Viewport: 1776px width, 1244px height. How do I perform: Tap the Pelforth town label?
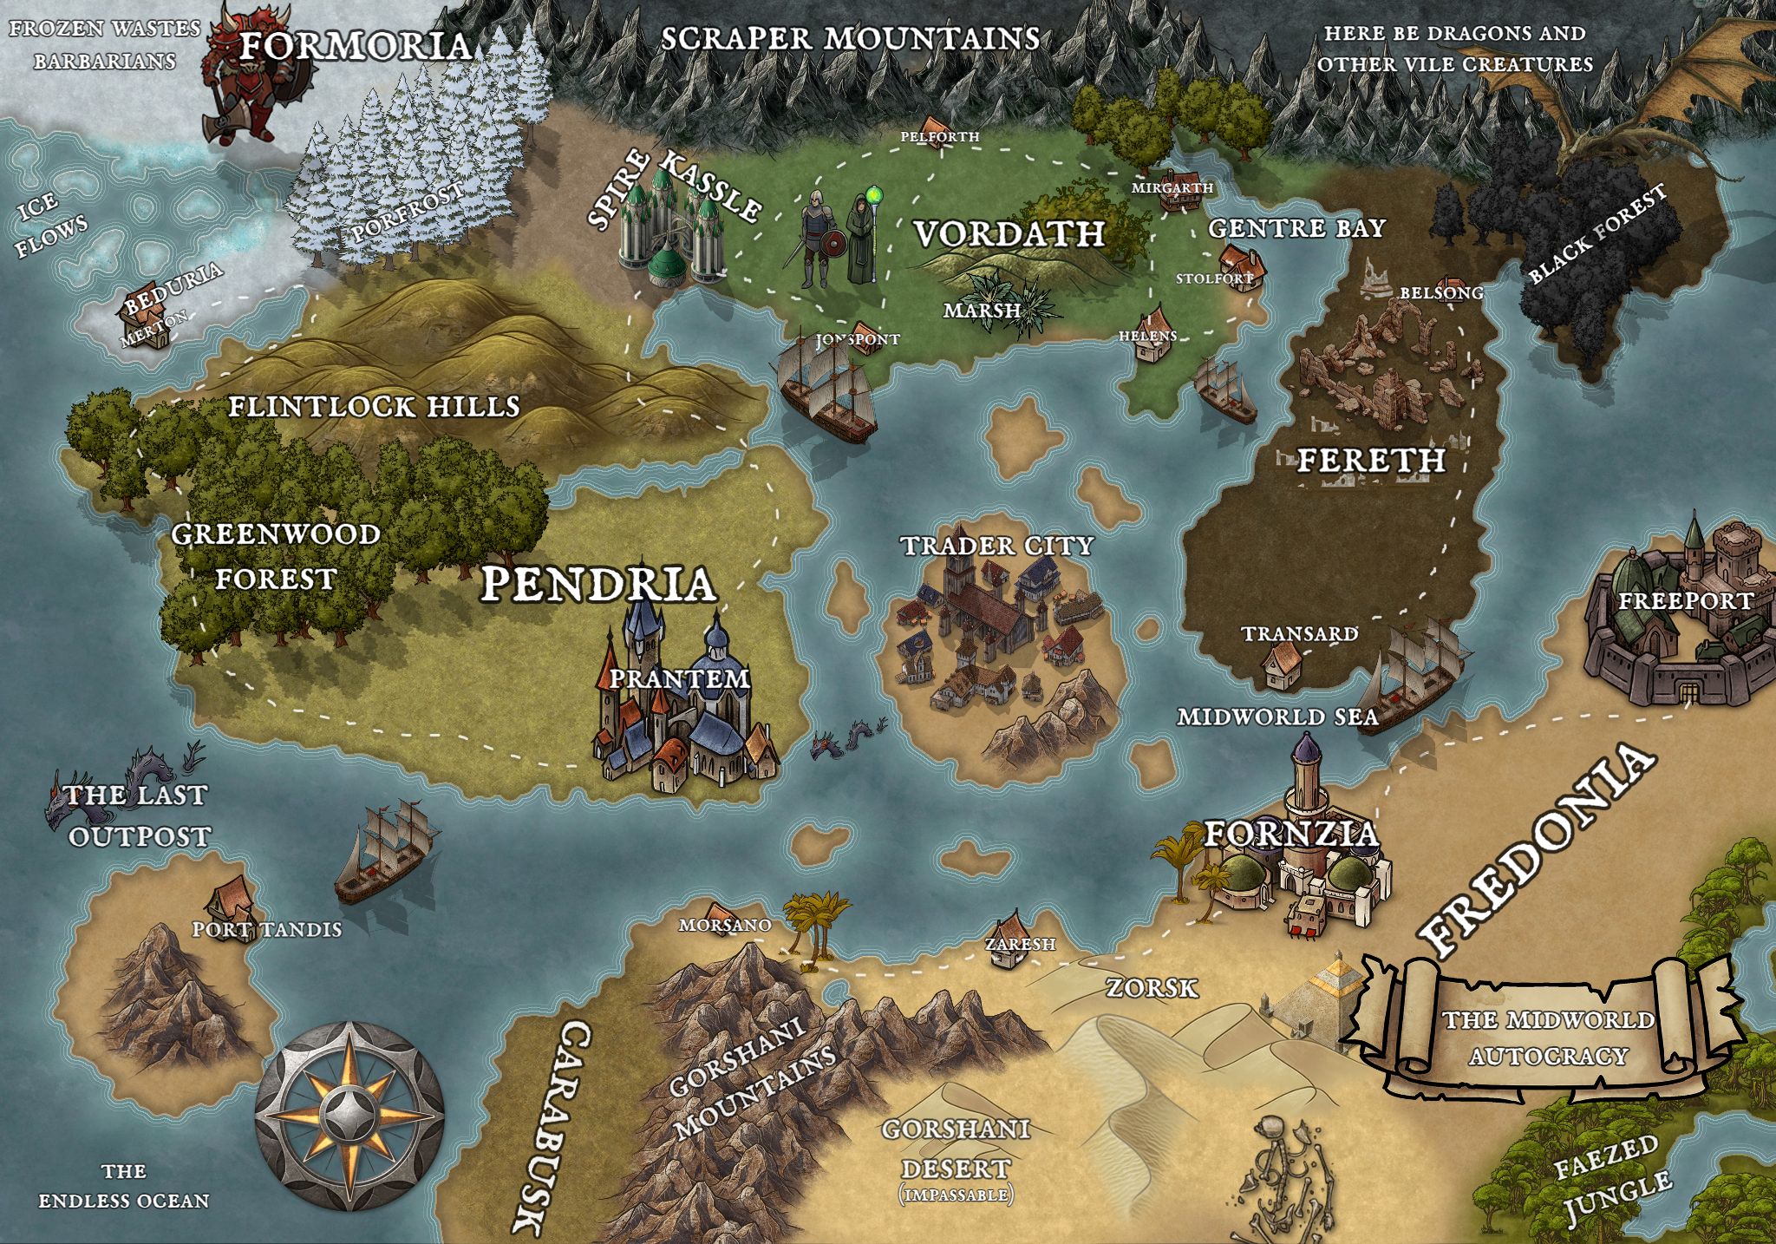[939, 137]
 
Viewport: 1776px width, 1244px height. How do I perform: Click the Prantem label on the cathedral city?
[678, 678]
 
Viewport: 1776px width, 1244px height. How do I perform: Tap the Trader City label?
[996, 546]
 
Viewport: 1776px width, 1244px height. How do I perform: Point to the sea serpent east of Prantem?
[846, 738]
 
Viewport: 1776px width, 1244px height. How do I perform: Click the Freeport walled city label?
[1686, 600]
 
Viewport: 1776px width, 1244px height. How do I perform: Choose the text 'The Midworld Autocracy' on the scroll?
[1548, 1038]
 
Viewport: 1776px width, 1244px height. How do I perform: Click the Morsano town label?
[725, 926]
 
